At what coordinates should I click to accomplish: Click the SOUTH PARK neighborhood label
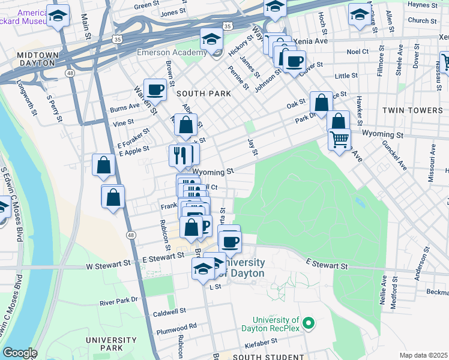pyautogui.click(x=199, y=94)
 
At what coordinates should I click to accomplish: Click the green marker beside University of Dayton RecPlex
pyautogui.click(x=309, y=324)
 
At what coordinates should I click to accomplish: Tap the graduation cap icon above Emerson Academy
pyautogui.click(x=212, y=39)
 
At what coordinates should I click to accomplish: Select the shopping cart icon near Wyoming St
pyautogui.click(x=340, y=140)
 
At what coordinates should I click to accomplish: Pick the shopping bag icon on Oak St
pyautogui.click(x=321, y=102)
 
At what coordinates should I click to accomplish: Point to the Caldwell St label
pyautogui.click(x=169, y=313)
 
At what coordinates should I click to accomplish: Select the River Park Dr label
pyautogui.click(x=119, y=300)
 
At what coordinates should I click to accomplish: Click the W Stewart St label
pyautogui.click(x=108, y=263)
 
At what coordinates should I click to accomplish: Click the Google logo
pyautogui.click(x=20, y=353)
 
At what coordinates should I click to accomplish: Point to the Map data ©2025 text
pyautogui.click(x=423, y=355)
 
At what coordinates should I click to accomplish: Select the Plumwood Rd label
pyautogui.click(x=176, y=327)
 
